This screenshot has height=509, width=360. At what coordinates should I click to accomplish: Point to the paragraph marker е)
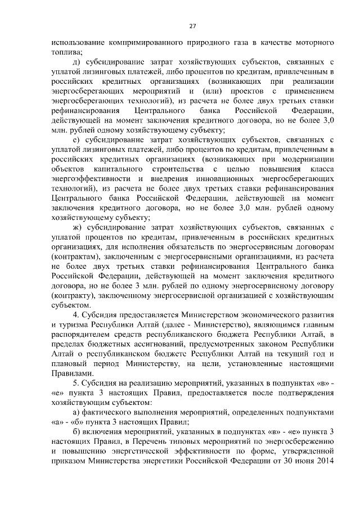pyautogui.click(x=77, y=138)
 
